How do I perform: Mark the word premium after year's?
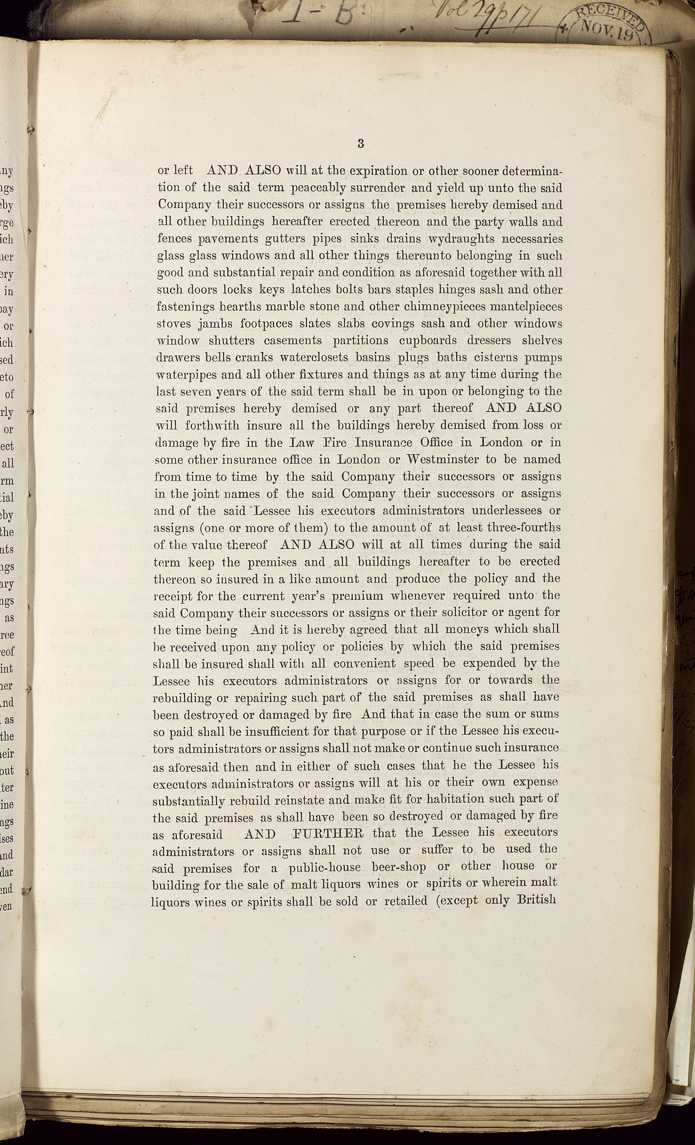pyautogui.click(x=354, y=596)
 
